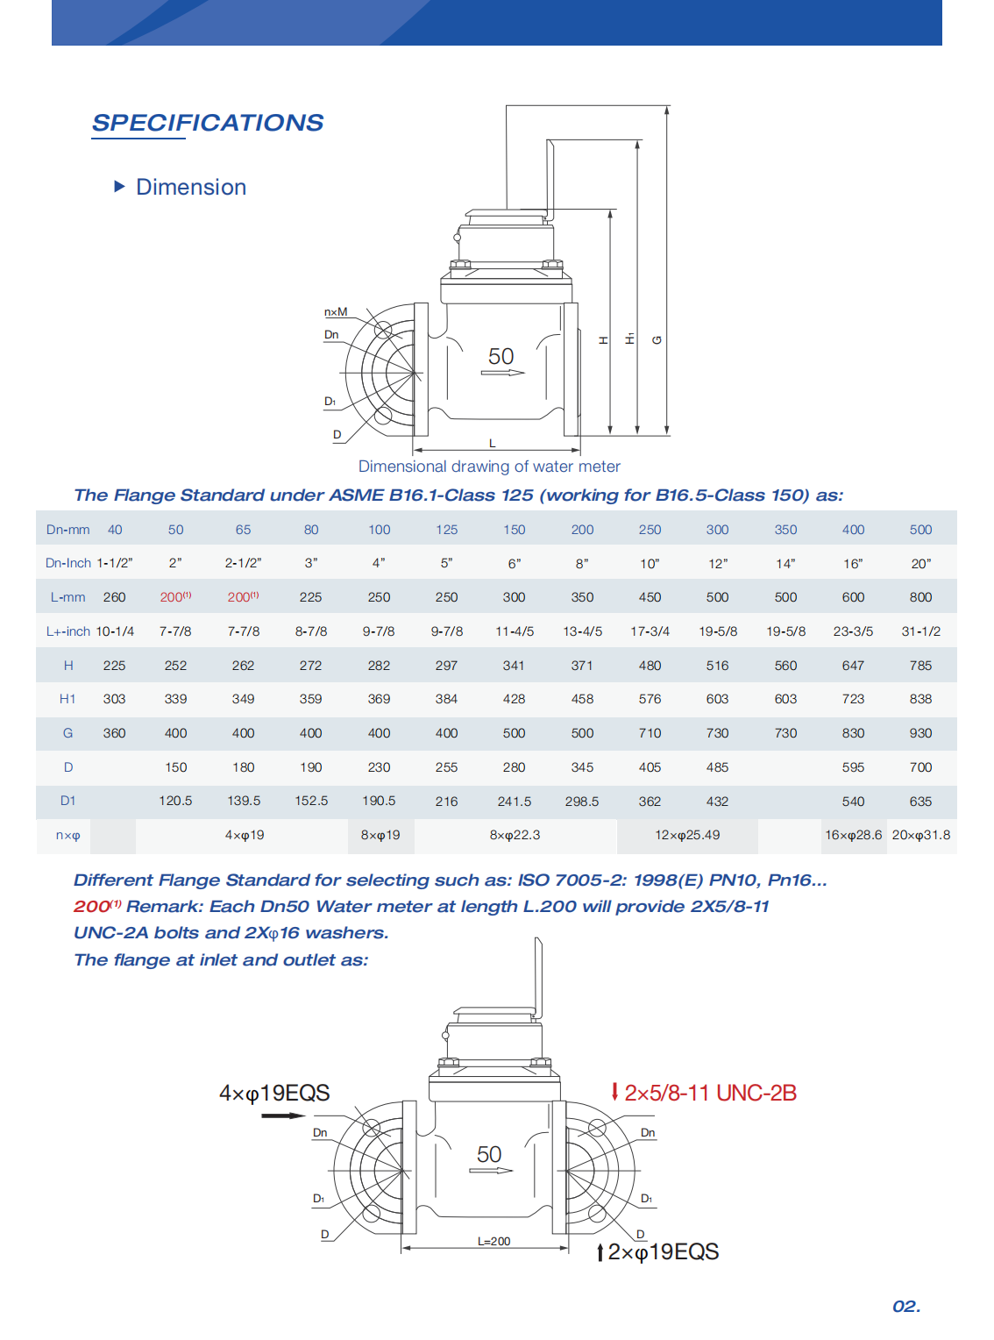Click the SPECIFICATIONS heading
208,123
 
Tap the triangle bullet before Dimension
120,187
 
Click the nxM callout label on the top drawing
336,312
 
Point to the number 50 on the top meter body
501,357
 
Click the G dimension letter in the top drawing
657,340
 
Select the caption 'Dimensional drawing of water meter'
489,467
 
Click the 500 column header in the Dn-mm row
920,530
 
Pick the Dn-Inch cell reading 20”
920,564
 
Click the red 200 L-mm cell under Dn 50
175,597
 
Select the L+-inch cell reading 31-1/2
920,631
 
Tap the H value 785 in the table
920,666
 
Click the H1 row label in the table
67,699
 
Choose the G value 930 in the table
920,733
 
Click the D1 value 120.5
175,802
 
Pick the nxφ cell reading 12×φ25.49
687,835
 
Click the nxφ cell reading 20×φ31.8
920,835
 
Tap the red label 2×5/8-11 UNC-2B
710,1094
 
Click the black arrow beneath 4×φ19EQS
282,1115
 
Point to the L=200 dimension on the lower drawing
493,1242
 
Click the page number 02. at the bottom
906,1307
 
